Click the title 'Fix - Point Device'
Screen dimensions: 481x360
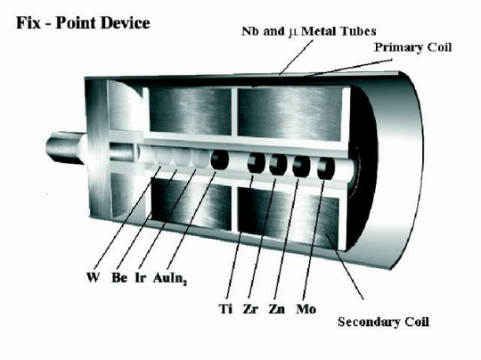[83, 23]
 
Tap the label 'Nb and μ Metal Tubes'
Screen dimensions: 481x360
[309, 31]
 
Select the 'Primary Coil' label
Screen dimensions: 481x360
[412, 47]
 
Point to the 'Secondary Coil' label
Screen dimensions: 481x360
[383, 322]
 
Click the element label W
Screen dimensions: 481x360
[93, 277]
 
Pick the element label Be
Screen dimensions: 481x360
[119, 277]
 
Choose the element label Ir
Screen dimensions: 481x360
[141, 277]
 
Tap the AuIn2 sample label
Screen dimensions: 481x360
[170, 279]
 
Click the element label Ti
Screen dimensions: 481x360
[225, 308]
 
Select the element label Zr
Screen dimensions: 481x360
[250, 308]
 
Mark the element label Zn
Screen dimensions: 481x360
[277, 308]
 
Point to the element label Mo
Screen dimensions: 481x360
[306, 308]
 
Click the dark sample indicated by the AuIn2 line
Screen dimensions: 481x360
[220, 160]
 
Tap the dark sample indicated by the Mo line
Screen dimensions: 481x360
[326, 168]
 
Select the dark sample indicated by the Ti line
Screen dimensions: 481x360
[257, 163]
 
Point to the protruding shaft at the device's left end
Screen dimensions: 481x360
[66, 147]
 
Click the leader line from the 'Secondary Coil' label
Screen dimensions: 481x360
[345, 266]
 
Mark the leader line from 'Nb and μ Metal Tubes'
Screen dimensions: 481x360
[296, 57]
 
